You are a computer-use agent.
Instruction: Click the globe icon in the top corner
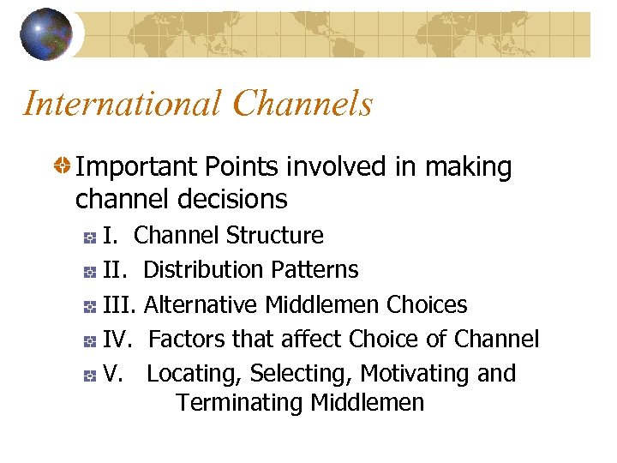click(46, 33)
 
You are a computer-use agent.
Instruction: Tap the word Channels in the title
click(303, 104)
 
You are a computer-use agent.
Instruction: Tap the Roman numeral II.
click(114, 270)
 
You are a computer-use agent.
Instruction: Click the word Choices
click(427, 305)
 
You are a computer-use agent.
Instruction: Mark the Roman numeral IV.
click(116, 340)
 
